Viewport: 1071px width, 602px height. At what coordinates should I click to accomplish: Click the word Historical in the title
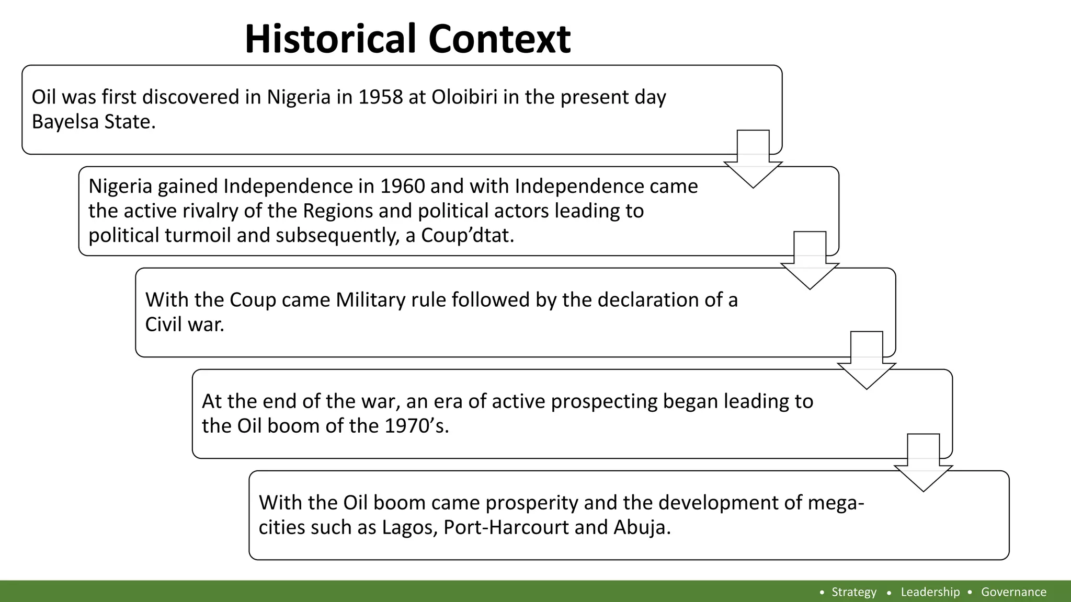(332, 39)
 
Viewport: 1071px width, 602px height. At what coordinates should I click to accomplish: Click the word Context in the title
(499, 39)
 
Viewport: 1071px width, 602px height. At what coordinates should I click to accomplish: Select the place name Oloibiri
(464, 97)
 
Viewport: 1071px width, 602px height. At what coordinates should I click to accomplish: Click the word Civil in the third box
(165, 325)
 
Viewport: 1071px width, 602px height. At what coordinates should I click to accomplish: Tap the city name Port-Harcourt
(506, 527)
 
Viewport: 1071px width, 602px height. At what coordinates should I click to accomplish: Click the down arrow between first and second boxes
(753, 159)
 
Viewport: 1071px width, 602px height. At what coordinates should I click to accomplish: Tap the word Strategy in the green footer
(854, 592)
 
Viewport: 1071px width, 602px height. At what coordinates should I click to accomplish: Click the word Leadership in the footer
(930, 592)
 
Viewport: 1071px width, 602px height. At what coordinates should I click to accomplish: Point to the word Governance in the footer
(1013, 592)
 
